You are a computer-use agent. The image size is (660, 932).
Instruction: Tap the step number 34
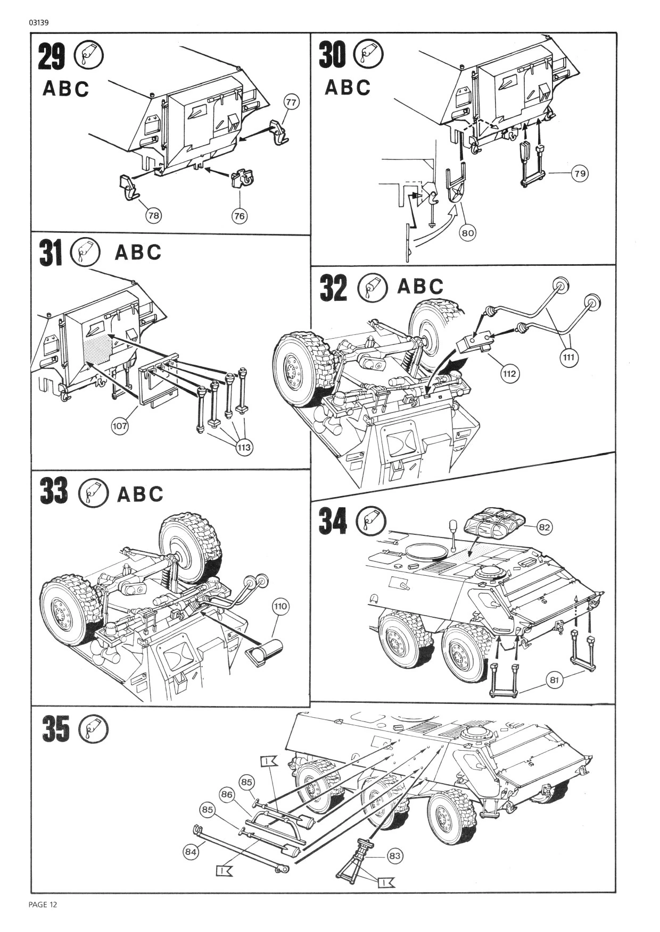(333, 520)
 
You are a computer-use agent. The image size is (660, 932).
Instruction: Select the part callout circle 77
(291, 102)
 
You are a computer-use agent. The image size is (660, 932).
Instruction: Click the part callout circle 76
(240, 215)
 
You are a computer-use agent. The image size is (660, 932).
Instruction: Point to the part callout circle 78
(154, 215)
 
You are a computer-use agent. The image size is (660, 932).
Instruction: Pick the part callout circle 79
(580, 173)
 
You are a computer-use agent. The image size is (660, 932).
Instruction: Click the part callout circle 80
(468, 232)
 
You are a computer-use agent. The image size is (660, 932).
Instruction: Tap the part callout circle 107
(120, 425)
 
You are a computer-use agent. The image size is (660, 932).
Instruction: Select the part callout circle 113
(244, 448)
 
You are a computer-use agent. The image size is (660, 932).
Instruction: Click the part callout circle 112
(509, 373)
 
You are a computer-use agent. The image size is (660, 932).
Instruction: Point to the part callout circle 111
(568, 357)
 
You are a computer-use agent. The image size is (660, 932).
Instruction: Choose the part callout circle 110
(280, 606)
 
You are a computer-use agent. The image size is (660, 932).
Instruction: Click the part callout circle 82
(543, 527)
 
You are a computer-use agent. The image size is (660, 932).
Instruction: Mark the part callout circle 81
(554, 679)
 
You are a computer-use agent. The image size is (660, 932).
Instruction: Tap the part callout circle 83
(394, 856)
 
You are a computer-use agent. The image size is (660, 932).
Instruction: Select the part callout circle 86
(227, 795)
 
